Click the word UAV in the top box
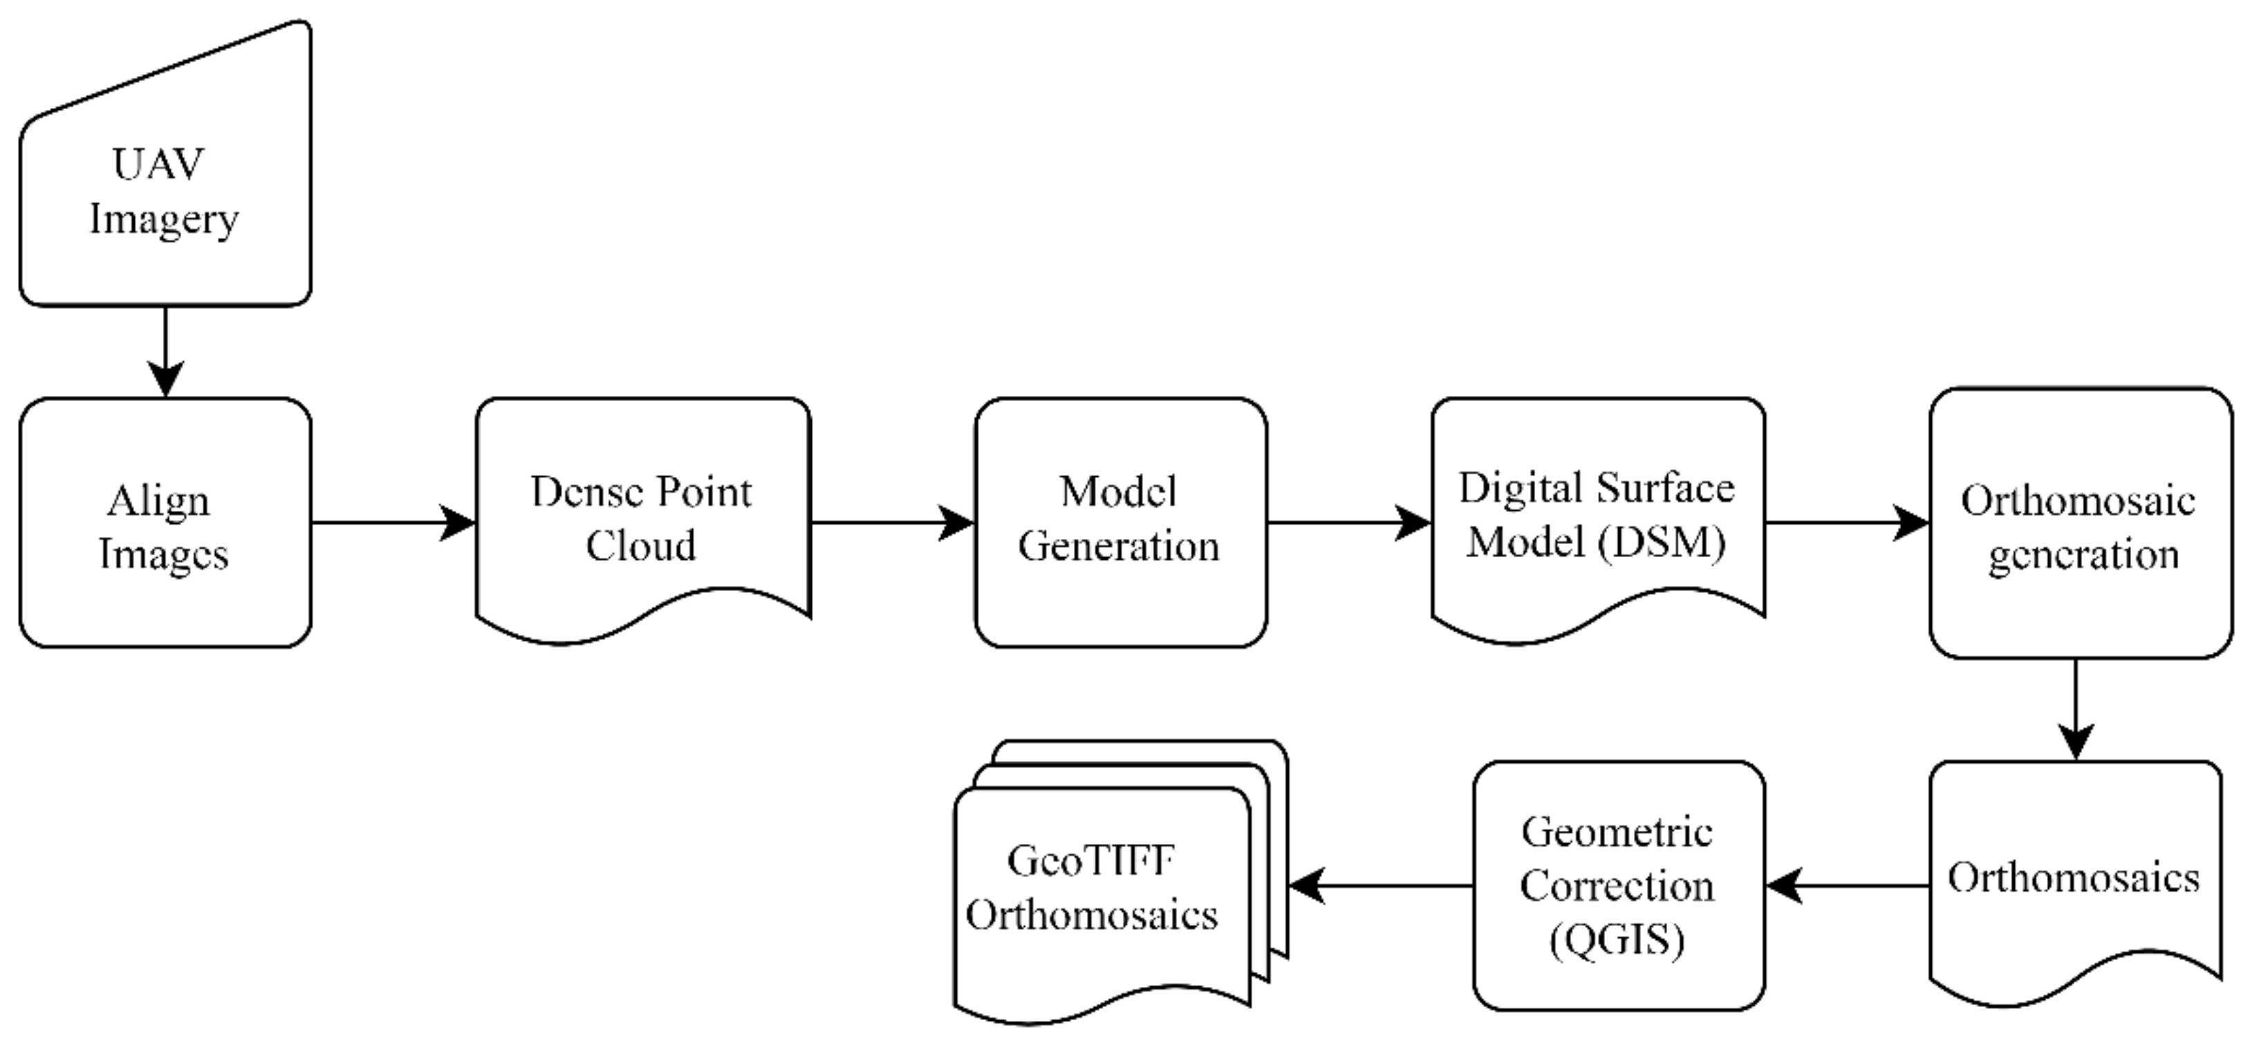[158, 164]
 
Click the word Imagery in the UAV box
[164, 219]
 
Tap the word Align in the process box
[158, 502]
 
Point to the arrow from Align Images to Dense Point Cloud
[393, 523]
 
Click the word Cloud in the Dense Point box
[640, 546]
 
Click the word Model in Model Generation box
[1118, 491]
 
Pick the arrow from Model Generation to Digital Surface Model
[1348, 523]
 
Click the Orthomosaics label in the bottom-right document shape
[2073, 878]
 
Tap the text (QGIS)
[1617, 941]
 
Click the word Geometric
[1617, 832]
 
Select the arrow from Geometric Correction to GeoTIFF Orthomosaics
[1381, 885]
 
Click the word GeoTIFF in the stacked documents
[1091, 861]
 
